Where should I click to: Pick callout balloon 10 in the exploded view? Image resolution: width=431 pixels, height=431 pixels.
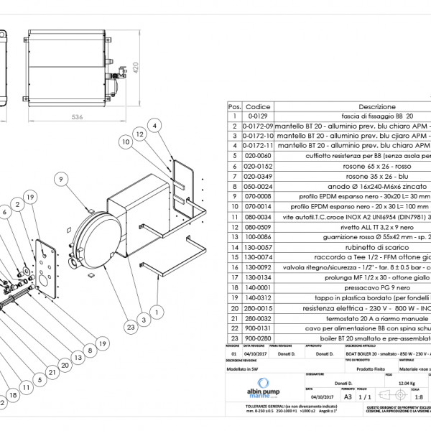(124, 142)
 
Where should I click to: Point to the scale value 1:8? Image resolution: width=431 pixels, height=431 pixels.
(419, 394)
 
